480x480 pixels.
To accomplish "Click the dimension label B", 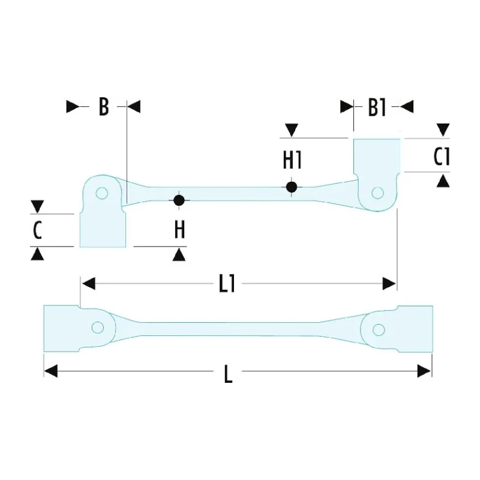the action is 104,107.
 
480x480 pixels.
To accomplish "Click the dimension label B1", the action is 377,108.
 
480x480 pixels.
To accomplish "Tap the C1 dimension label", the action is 442,157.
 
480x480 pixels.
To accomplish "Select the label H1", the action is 292,160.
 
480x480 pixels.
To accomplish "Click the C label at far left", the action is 37,230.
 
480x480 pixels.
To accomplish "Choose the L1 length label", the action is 227,284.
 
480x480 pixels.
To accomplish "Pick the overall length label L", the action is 229,374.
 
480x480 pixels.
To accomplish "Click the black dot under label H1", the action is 292,187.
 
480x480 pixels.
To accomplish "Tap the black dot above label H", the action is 179,200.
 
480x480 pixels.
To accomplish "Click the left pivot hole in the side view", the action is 101,193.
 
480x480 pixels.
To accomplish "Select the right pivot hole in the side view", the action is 377,193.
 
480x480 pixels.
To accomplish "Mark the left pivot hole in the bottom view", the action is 98,328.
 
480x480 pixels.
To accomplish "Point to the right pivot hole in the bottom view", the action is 379,330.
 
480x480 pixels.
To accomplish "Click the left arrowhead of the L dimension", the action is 51,371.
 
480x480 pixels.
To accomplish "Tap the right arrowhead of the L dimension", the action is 424,371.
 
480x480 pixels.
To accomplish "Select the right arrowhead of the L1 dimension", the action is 389,284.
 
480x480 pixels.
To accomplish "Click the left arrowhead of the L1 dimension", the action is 89,283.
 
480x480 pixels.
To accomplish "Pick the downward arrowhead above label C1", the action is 443,130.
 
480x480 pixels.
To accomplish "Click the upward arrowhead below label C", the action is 37,254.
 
